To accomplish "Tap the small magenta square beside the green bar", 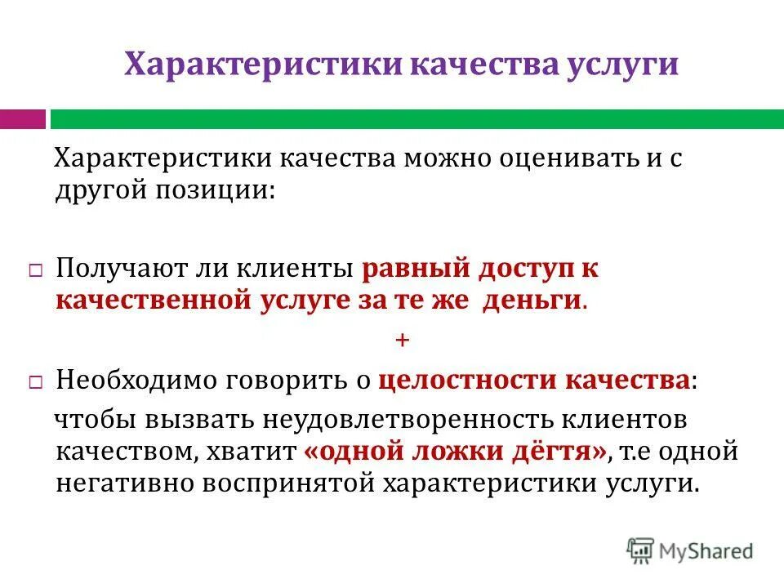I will click(22, 119).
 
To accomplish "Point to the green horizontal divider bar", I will click(416, 119).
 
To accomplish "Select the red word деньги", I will click(532, 300).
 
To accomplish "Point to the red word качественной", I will click(152, 300).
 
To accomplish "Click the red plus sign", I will click(401, 340).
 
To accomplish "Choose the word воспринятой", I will click(283, 483).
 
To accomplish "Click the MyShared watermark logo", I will click(690, 550).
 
